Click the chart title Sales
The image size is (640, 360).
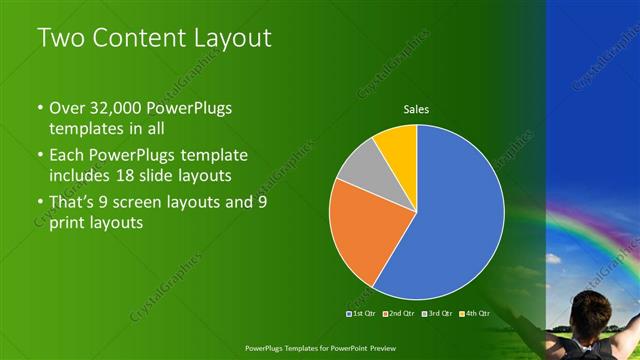point(417,109)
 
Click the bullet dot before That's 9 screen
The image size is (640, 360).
point(39,203)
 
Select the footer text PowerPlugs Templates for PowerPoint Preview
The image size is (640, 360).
point(319,349)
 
